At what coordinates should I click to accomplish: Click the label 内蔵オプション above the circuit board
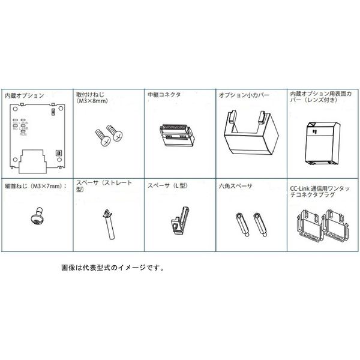25,95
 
